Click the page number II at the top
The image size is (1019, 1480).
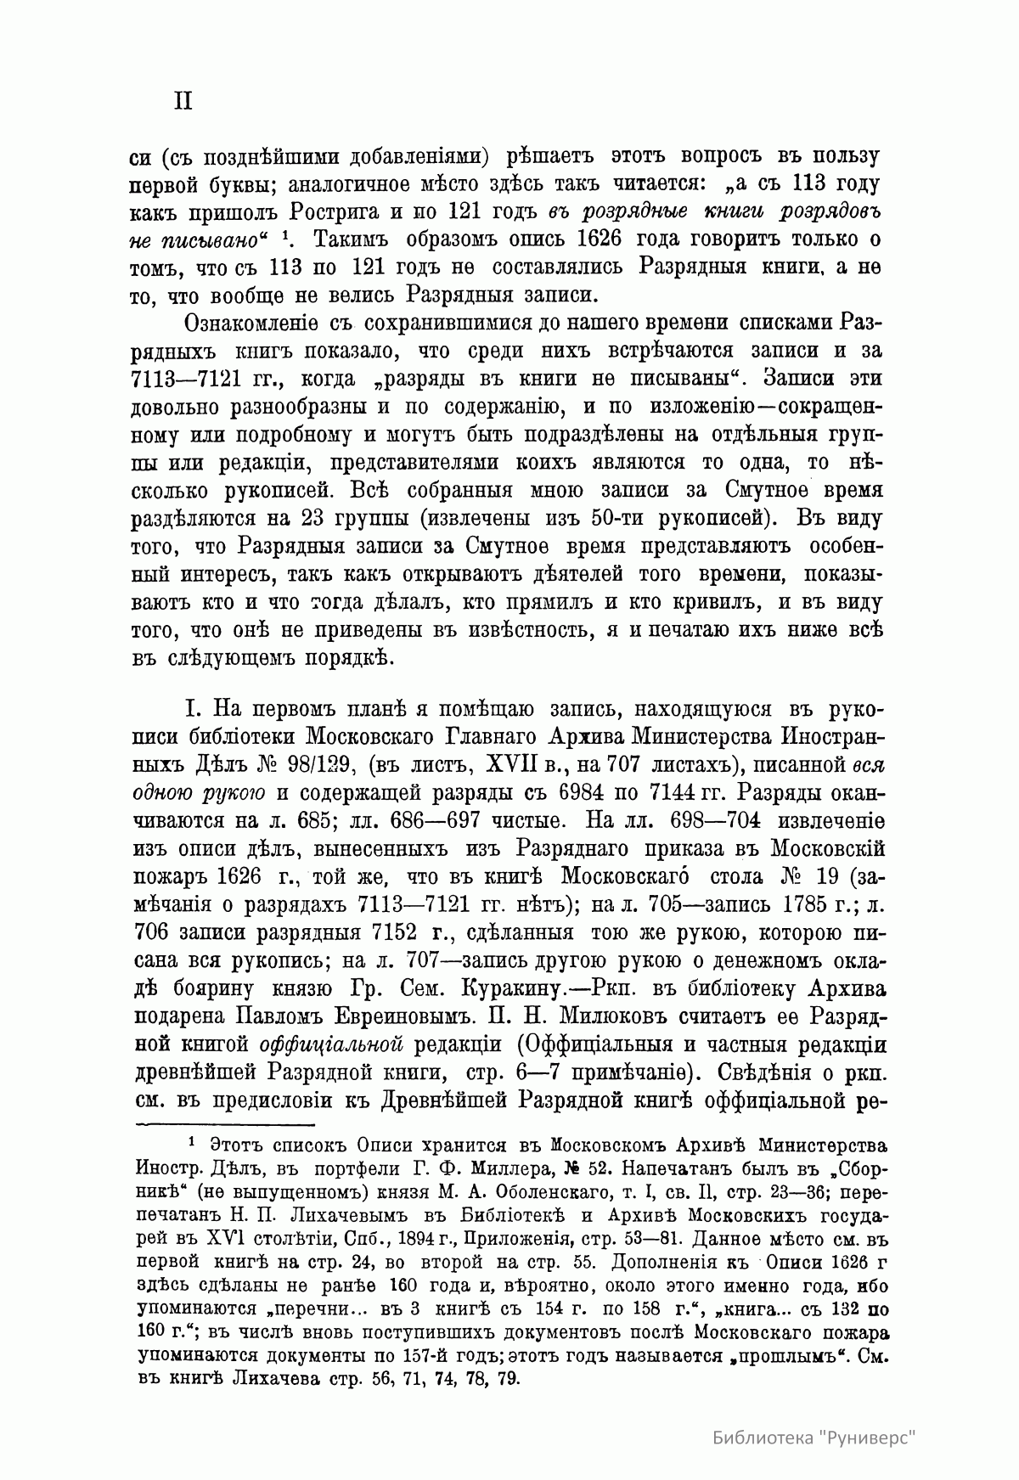click(183, 101)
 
